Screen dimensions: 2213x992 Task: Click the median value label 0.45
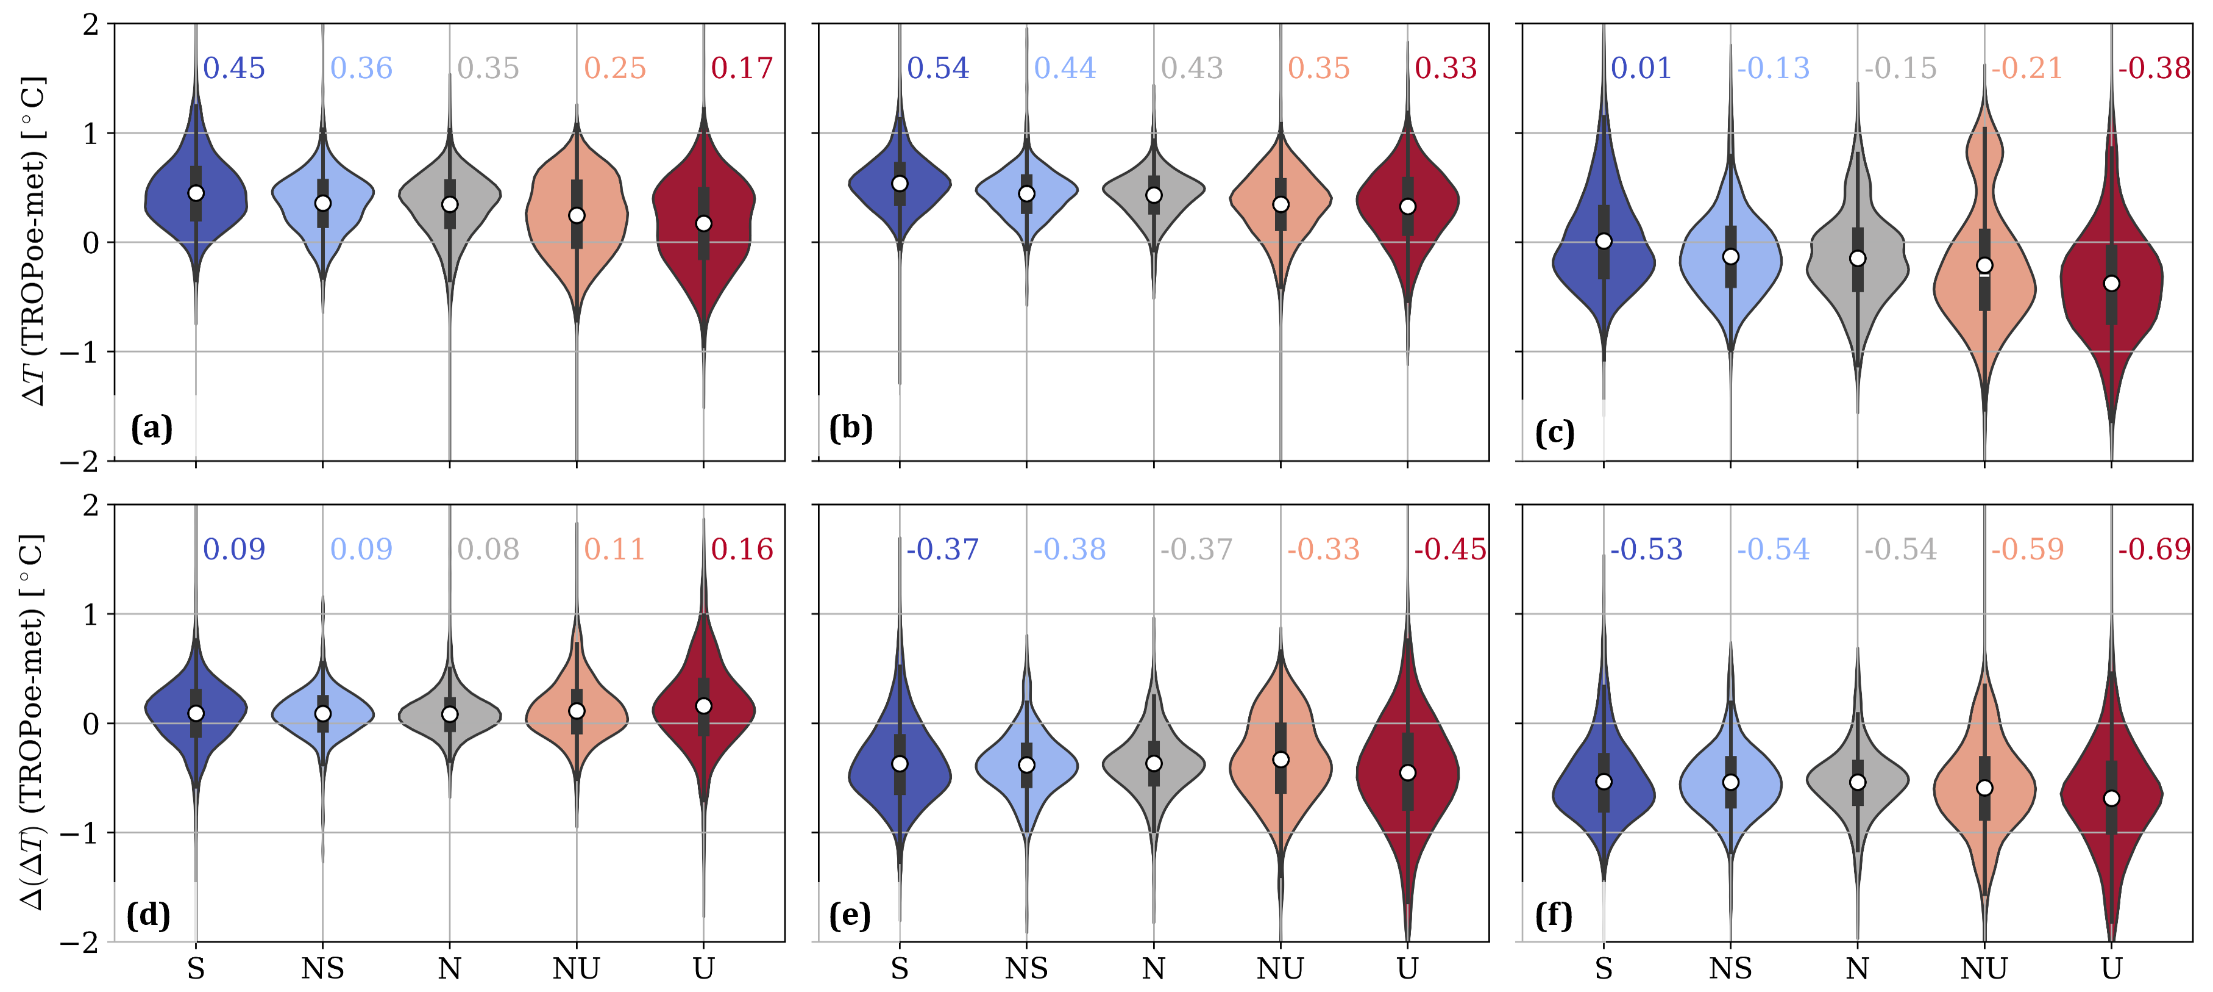pyautogui.click(x=233, y=68)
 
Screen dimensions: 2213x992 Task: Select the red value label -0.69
pyautogui.click(x=2154, y=548)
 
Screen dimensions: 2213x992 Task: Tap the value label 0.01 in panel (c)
pyautogui.click(x=1641, y=68)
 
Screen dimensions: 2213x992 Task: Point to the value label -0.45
pyautogui.click(x=1450, y=548)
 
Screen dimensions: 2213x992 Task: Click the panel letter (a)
pyautogui.click(x=152, y=427)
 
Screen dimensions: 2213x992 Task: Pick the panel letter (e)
pyautogui.click(x=850, y=916)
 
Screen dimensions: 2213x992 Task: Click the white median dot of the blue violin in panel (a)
pyautogui.click(x=196, y=193)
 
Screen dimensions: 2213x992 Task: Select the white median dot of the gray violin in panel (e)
pyautogui.click(x=1154, y=763)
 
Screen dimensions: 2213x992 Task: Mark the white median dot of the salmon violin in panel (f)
pyautogui.click(x=1984, y=788)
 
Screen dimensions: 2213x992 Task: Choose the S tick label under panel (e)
pyautogui.click(x=900, y=969)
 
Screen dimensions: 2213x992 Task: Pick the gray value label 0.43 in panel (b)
pyautogui.click(x=1192, y=68)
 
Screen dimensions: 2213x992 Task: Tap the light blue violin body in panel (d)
pyautogui.click(x=323, y=713)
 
